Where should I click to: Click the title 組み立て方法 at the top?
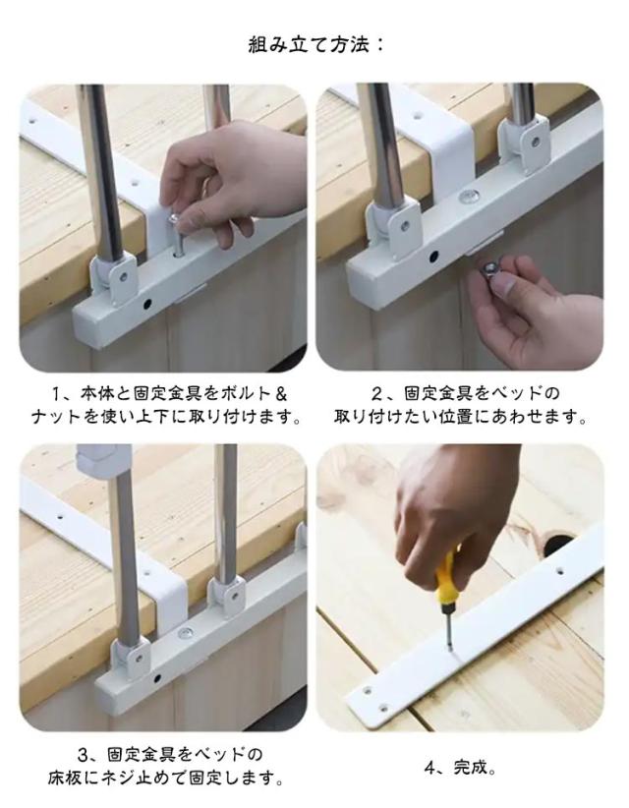click(x=310, y=44)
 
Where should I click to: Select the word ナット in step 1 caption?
click(x=56, y=416)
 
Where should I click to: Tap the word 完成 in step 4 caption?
click(x=470, y=768)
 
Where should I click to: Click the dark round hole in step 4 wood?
click(x=556, y=544)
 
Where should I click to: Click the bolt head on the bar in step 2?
click(x=468, y=196)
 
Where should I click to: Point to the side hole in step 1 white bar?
click(x=147, y=304)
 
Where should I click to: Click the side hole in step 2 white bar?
click(x=433, y=257)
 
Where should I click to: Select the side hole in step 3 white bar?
click(x=156, y=677)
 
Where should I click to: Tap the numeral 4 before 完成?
click(x=430, y=768)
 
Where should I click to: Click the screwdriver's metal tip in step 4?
click(x=450, y=631)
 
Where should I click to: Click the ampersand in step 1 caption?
click(x=281, y=395)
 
